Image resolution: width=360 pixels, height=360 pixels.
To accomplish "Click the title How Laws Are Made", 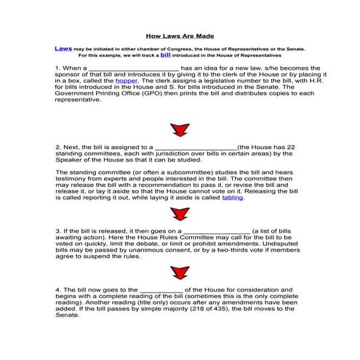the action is coord(180,35).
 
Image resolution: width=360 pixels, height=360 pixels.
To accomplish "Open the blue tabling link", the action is coord(232,197).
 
